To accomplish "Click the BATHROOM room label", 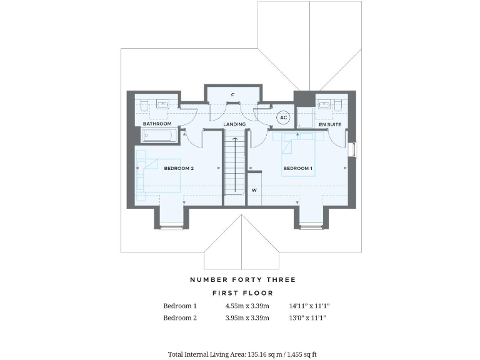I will click(x=157, y=124).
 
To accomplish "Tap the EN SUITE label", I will click(x=329, y=125).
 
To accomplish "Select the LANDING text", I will click(x=234, y=124).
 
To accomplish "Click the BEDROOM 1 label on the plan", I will click(x=298, y=169).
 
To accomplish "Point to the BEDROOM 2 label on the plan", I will click(x=179, y=169).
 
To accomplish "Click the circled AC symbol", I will click(x=283, y=117).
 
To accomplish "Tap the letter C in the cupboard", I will click(x=232, y=95).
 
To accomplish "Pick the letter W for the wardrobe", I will click(x=254, y=190).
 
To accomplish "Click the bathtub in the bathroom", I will click(x=157, y=136).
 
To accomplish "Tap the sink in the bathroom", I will click(x=162, y=105).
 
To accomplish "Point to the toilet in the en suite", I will click(x=338, y=105).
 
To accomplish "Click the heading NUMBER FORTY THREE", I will click(x=243, y=279).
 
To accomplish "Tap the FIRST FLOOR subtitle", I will click(x=243, y=292).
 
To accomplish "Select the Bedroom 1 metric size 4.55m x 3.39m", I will click(x=247, y=306).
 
